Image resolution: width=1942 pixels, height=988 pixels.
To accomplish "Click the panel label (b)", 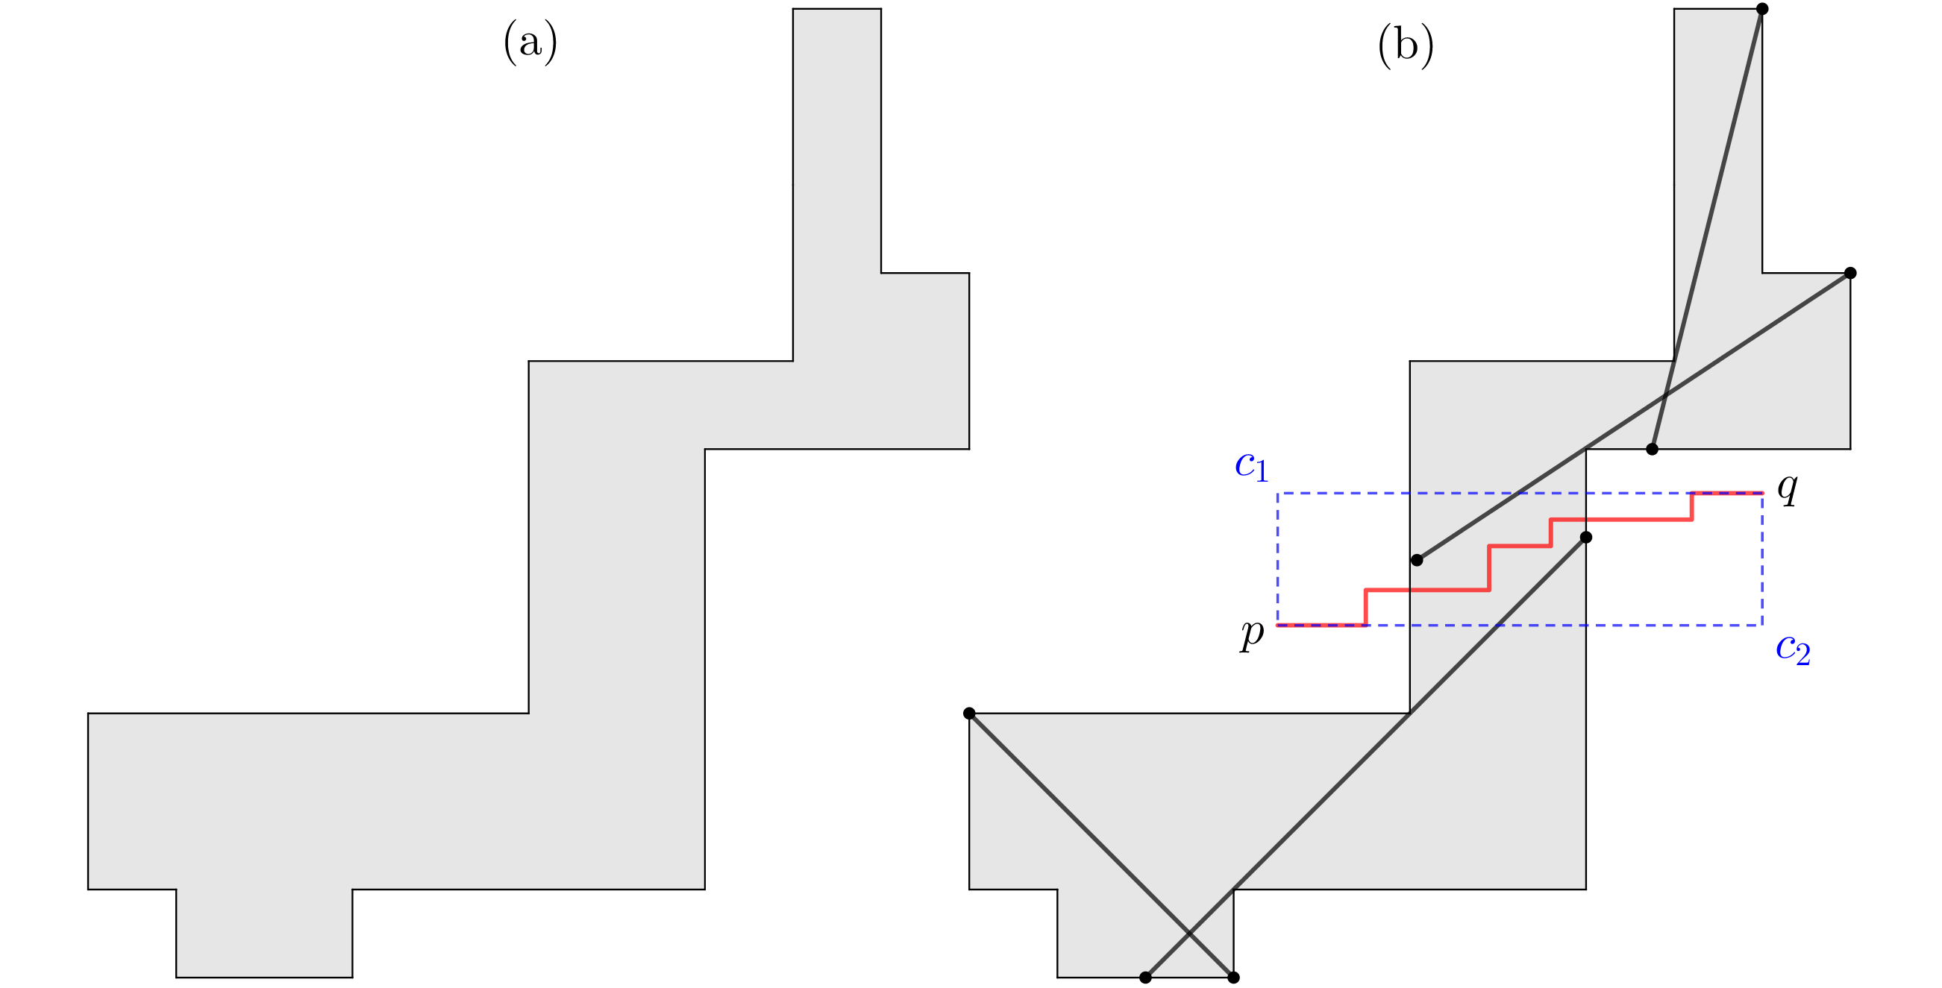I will tap(1406, 46).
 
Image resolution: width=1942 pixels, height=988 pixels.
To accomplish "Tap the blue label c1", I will tap(1251, 467).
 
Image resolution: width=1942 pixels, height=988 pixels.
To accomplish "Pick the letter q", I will tap(1788, 488).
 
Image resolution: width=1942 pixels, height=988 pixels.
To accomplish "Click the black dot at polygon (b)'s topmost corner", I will tap(1761, 9).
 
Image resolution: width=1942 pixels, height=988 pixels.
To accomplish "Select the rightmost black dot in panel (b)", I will tap(1850, 273).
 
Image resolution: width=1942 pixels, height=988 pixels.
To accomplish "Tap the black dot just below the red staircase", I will tap(1585, 538).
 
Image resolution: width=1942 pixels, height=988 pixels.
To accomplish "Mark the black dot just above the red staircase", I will tap(1417, 560).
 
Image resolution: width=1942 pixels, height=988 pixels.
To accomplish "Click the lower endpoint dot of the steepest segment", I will tap(1652, 449).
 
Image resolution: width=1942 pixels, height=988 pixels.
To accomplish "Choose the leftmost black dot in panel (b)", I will tap(969, 714).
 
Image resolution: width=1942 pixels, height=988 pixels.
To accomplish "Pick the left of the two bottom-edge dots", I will tap(1145, 978).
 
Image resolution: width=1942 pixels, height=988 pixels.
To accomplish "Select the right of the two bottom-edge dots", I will tap(1233, 978).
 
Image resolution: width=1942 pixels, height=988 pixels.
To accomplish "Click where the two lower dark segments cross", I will tap(1189, 934).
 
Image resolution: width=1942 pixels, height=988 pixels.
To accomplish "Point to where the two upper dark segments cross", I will tap(1665, 394).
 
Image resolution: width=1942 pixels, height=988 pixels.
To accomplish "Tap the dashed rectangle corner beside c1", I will tap(1278, 494).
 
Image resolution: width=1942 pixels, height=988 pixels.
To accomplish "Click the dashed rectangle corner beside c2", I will tap(1761, 625).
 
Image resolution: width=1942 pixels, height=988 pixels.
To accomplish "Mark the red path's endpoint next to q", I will tap(1761, 493).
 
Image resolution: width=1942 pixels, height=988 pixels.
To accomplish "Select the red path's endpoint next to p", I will tap(1278, 625).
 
